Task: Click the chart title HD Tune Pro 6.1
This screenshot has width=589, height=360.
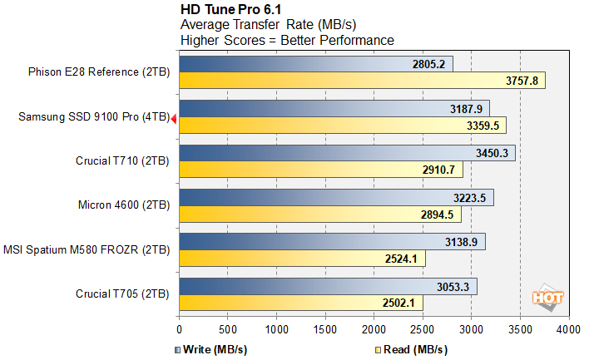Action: pos(232,9)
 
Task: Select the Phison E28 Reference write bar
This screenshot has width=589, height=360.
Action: pos(315,64)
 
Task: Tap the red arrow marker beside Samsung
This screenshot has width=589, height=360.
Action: pos(174,120)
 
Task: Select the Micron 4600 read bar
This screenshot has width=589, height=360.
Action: pos(319,215)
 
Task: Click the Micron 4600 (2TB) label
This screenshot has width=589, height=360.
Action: pos(121,206)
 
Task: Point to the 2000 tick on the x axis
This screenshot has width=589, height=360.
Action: pos(374,329)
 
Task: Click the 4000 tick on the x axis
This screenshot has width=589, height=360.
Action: pos(568,329)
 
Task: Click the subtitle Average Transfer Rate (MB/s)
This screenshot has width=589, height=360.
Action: pos(269,24)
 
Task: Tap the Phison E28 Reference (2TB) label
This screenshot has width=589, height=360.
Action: pos(98,72)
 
